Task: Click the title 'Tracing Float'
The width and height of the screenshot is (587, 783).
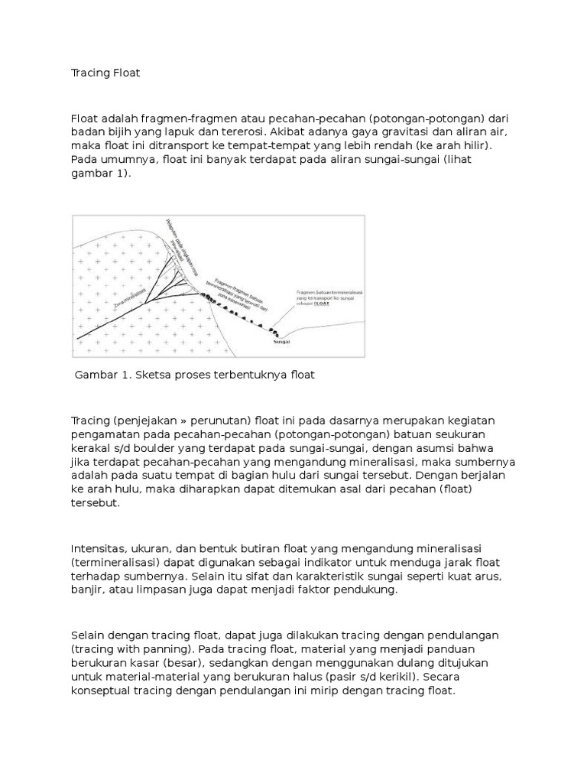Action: (x=105, y=73)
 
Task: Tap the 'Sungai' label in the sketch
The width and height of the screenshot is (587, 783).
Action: (x=282, y=343)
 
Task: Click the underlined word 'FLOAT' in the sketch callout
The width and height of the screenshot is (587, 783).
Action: (x=332, y=304)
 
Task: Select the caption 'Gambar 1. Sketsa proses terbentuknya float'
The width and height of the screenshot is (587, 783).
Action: (x=194, y=375)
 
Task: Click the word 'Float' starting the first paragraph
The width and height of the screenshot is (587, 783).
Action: (x=84, y=119)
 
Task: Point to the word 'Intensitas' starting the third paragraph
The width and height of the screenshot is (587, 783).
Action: (x=99, y=549)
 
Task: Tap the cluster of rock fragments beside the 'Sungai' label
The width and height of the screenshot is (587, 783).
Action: (x=274, y=332)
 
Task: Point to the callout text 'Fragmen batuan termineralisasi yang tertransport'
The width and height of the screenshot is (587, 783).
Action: (x=329, y=294)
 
